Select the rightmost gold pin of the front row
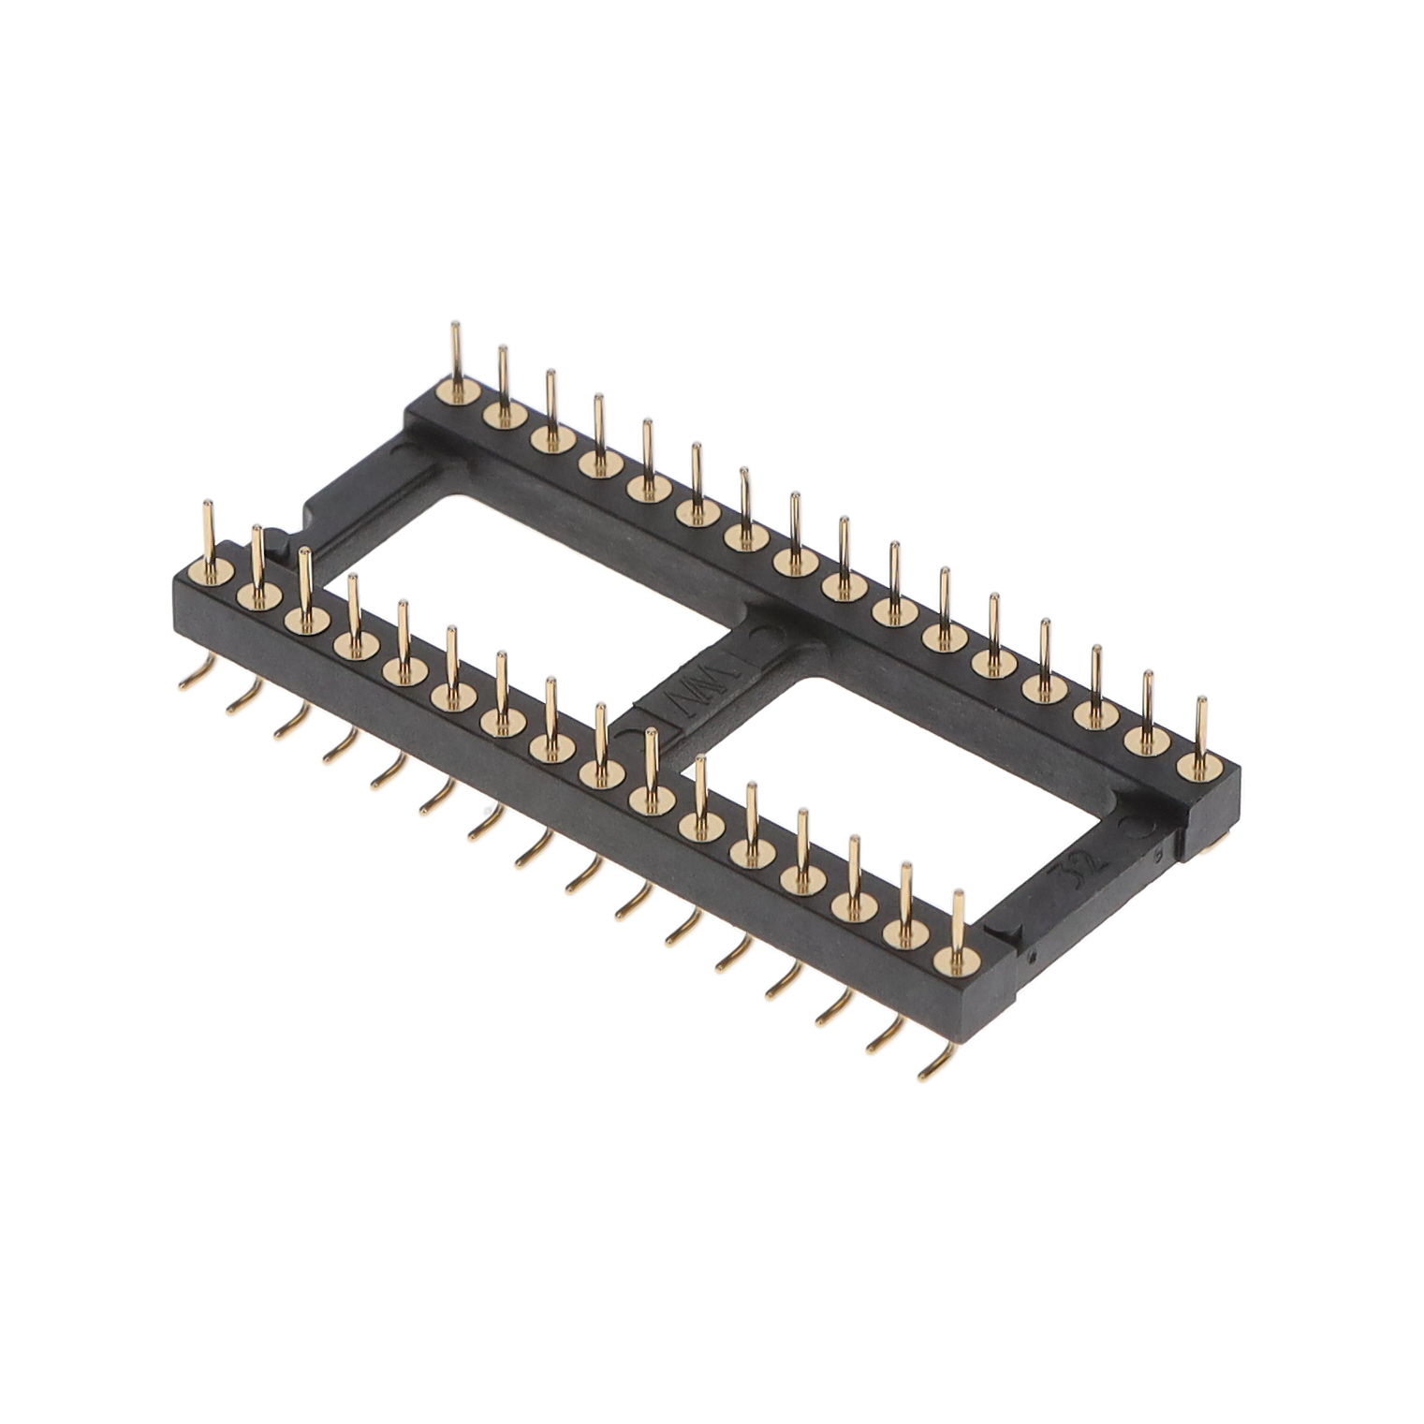958,927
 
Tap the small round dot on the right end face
1031,958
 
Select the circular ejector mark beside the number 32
1135,828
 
